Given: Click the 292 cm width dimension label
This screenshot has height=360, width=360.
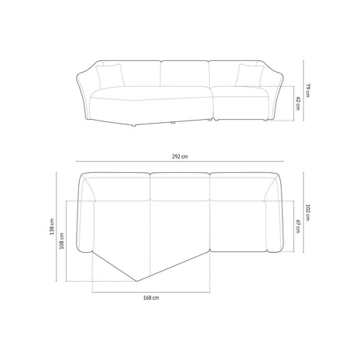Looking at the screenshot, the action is (x=180, y=157).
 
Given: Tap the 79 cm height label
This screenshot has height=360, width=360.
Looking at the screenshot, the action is (x=308, y=90).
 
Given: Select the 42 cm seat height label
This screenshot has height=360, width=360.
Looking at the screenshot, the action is (x=298, y=103).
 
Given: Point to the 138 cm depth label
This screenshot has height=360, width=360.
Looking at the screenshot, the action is (x=52, y=226).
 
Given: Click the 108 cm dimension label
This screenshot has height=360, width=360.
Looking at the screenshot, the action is (x=62, y=241).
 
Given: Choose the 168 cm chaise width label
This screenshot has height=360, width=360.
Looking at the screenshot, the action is (x=151, y=297).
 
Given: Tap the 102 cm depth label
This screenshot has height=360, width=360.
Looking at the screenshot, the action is (x=308, y=213).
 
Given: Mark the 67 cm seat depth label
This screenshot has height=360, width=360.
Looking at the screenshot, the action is (x=298, y=226).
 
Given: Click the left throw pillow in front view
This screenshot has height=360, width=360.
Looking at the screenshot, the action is (x=110, y=76).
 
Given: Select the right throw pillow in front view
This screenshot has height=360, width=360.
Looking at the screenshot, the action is (x=249, y=76).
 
